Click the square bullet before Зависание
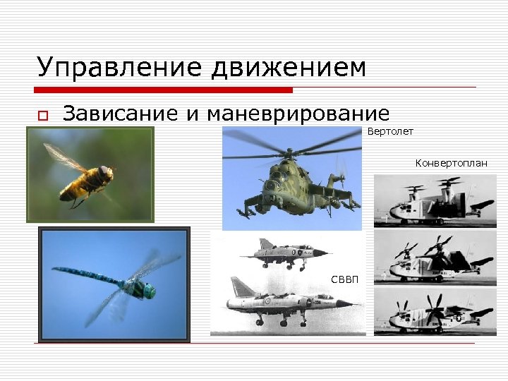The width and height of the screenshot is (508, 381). click(x=42, y=116)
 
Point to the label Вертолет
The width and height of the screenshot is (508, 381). click(x=390, y=131)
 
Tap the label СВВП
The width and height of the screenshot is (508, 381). click(x=345, y=279)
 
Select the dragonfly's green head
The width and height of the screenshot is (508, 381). click(x=147, y=289)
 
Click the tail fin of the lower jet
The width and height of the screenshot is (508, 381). click(x=241, y=286)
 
